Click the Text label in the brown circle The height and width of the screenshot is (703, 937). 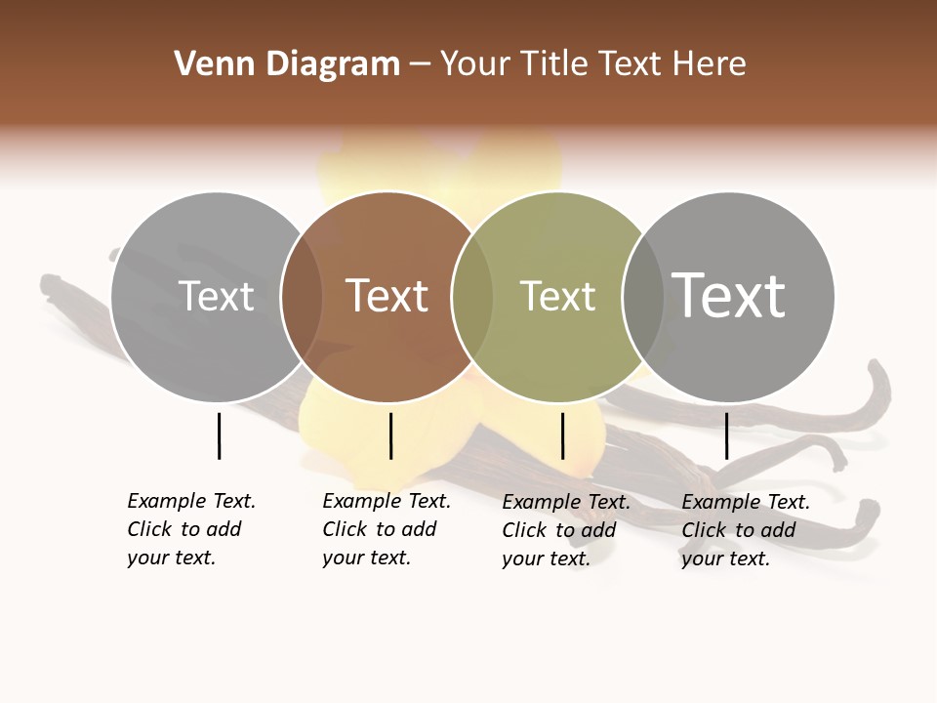[387, 296]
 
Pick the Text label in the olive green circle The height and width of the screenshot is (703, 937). [557, 296]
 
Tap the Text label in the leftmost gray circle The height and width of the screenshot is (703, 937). [217, 296]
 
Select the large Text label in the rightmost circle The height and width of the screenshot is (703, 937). [729, 295]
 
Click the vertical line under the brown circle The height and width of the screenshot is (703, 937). [390, 435]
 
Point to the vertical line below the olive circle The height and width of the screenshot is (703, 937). [562, 435]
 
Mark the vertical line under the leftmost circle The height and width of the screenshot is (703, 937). [219, 435]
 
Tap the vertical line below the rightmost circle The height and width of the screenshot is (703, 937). [726, 435]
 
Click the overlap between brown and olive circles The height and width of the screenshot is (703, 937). [472, 296]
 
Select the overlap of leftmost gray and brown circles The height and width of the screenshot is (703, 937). [302, 296]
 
